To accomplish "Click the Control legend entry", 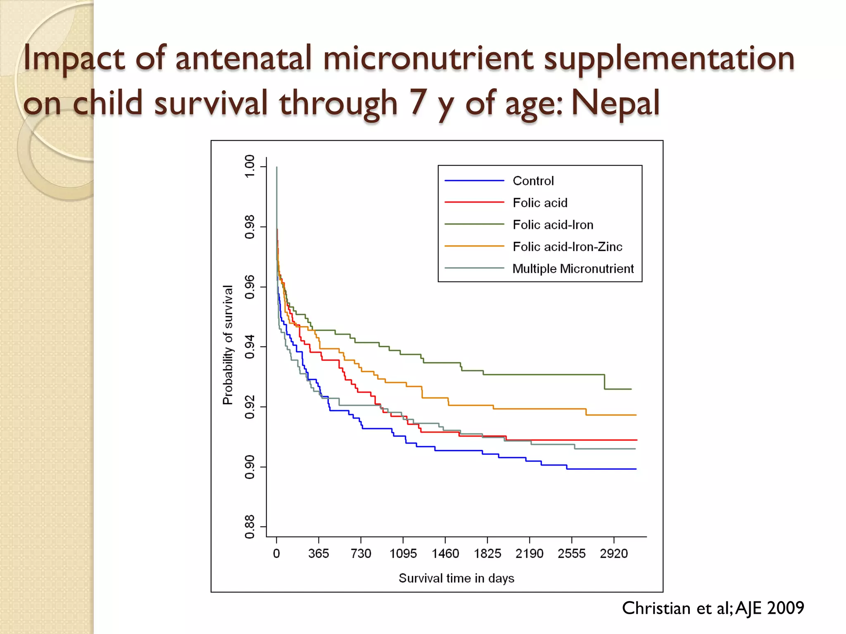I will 533,181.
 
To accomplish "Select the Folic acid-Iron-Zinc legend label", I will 567,247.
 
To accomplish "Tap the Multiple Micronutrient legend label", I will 573,269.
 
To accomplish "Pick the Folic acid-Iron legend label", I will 553,225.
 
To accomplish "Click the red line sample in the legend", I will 474,202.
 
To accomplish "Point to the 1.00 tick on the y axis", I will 250,166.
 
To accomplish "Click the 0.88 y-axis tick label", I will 250,527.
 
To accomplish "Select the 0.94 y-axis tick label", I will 250,347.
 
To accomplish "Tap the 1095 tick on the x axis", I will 403,554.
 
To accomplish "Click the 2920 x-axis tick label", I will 614,554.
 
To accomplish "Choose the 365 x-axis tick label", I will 318,554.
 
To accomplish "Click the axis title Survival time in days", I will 456,578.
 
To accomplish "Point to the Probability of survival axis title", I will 228,345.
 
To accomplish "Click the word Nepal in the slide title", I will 615,102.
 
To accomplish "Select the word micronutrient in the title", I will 428,58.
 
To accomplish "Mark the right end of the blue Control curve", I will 636,469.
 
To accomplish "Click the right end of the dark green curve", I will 631,389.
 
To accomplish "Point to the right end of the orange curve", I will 636,415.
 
